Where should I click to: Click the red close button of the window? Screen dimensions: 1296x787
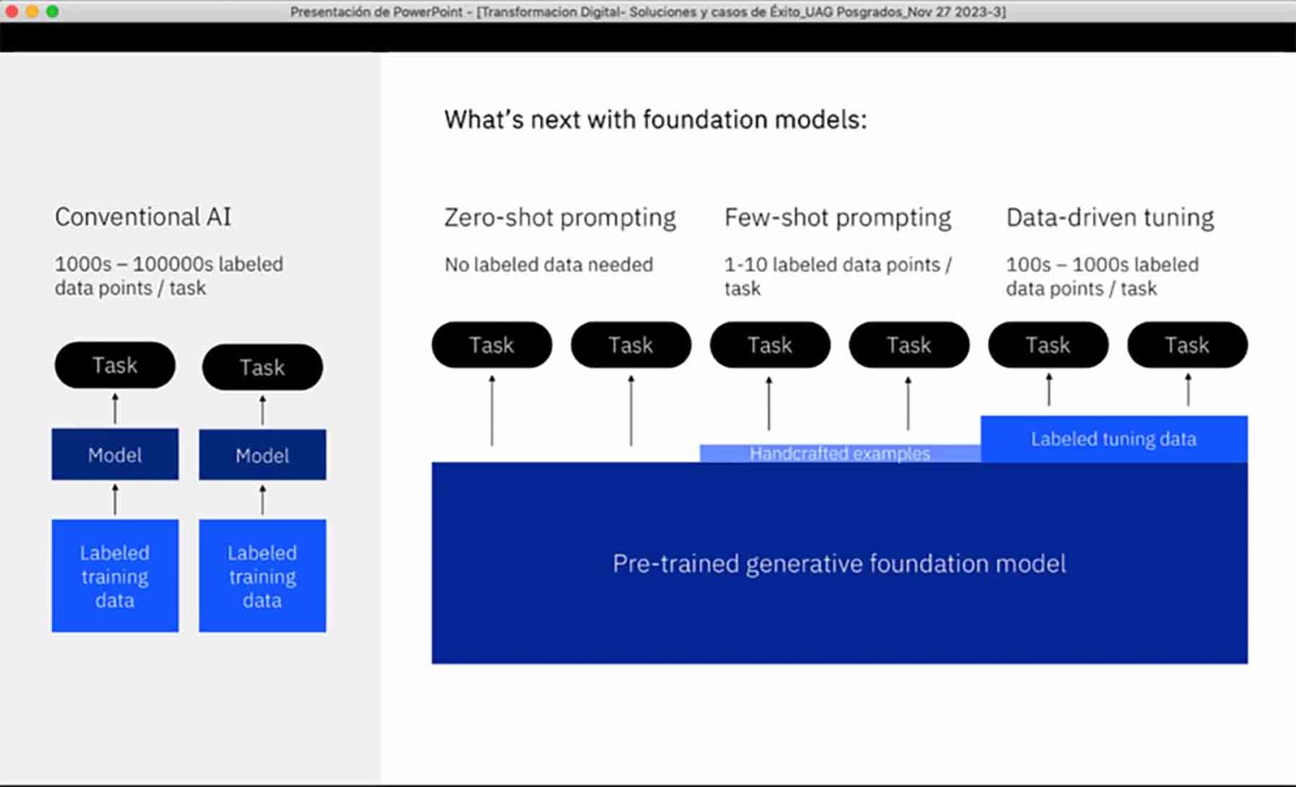(11, 11)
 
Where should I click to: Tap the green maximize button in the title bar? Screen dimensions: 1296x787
(52, 11)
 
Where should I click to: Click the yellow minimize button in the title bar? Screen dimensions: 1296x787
(32, 11)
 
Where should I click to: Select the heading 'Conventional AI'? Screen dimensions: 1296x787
(143, 217)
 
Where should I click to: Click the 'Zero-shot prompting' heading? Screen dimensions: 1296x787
(560, 219)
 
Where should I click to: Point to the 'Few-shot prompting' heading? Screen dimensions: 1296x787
(838, 219)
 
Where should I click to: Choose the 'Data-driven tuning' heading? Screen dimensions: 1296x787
(1109, 219)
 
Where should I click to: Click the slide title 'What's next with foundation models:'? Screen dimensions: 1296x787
(656, 120)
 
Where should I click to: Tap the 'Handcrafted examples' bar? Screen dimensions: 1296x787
(840, 453)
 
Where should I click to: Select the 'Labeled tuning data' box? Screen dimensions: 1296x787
(1114, 439)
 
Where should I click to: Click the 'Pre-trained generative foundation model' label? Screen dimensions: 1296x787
(839, 563)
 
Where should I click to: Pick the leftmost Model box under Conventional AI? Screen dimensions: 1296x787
(115, 454)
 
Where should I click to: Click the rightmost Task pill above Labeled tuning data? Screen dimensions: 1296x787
(1187, 345)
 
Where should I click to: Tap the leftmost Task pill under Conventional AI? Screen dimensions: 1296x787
(115, 365)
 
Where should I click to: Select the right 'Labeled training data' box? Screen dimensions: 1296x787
(263, 576)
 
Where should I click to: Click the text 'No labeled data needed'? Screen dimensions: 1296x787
(549, 265)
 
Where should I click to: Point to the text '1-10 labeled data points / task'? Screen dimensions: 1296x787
(838, 276)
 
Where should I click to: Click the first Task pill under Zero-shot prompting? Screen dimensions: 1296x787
(492, 345)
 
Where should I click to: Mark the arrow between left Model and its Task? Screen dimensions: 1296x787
(115, 409)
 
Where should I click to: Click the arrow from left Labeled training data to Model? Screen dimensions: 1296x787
(115, 499)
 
